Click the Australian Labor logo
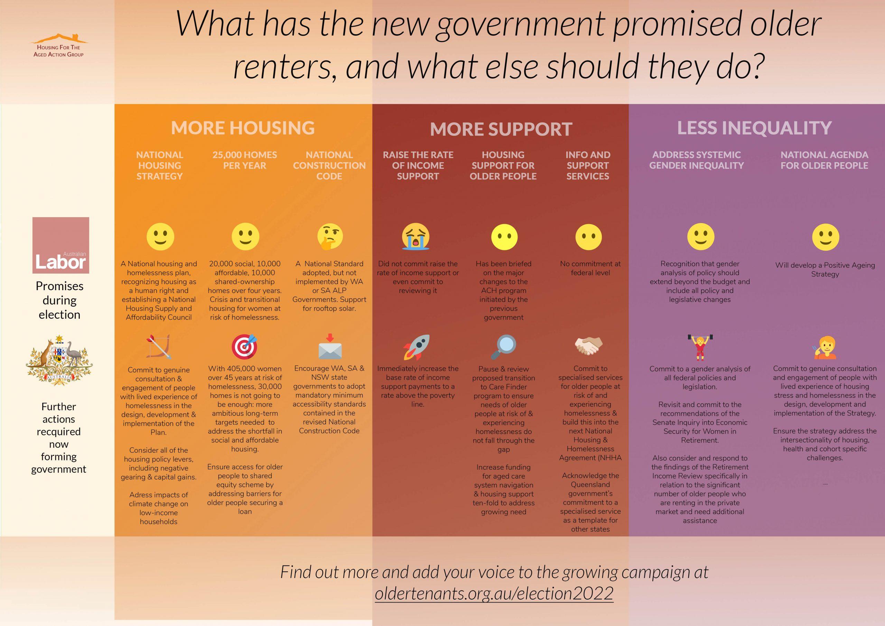[x=60, y=245]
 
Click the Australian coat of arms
[x=59, y=360]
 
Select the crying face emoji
[x=416, y=236]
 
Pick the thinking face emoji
[x=330, y=236]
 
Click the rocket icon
[x=416, y=347]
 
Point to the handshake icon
[x=589, y=346]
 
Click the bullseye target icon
[x=244, y=346]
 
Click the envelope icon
[x=330, y=347]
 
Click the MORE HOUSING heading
[x=243, y=128]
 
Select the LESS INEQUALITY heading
[x=754, y=128]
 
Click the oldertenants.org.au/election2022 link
[x=494, y=593]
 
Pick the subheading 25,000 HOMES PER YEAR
[x=244, y=160]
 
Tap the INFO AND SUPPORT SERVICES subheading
[x=588, y=165]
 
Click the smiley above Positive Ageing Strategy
[x=825, y=237]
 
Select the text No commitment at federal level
[x=590, y=268]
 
